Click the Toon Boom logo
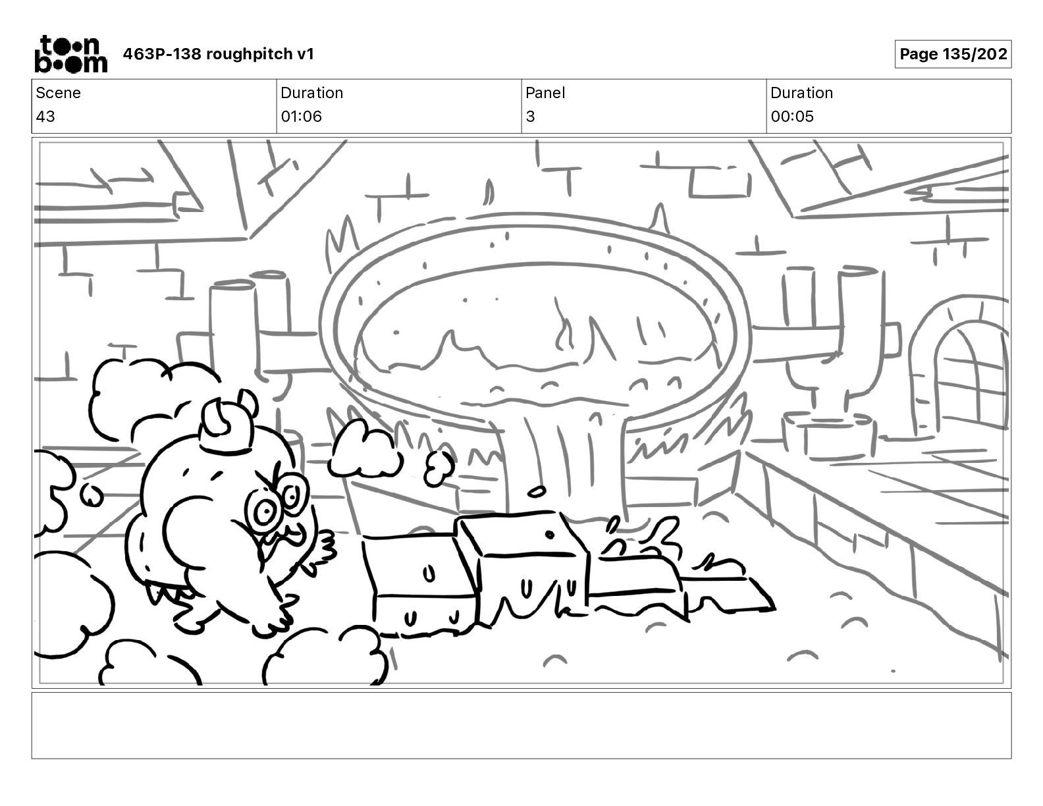click(x=70, y=54)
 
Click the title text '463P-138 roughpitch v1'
click(x=219, y=54)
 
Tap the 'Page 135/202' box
click(x=953, y=54)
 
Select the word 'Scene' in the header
click(x=58, y=93)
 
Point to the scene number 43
click(x=45, y=117)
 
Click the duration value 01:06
click(x=301, y=117)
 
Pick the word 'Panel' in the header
click(x=545, y=93)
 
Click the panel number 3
click(x=530, y=117)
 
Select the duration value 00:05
click(x=792, y=117)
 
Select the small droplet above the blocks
click(x=537, y=491)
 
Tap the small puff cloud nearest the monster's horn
click(x=364, y=449)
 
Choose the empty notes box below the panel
click(x=521, y=725)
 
